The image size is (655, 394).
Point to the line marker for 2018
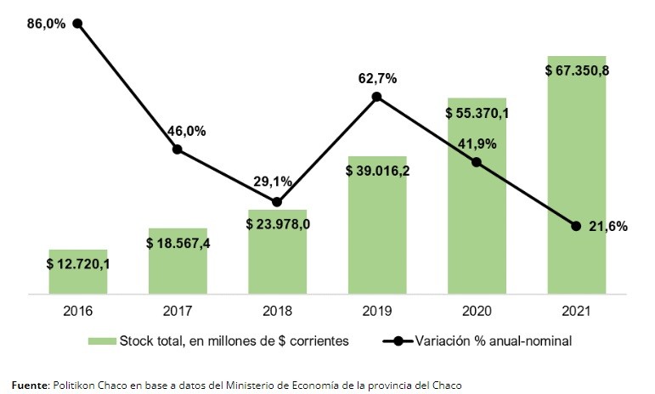coord(277,202)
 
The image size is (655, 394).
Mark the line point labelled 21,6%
coord(576,226)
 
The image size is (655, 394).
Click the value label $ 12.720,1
coord(78,263)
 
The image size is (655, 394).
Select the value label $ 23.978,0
coord(277,224)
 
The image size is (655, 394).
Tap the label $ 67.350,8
coord(576,70)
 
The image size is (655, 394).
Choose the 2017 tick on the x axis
coord(178,310)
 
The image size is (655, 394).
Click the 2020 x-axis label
coord(477,310)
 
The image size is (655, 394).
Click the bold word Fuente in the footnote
coord(30,385)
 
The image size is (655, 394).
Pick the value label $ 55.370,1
coord(477,112)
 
